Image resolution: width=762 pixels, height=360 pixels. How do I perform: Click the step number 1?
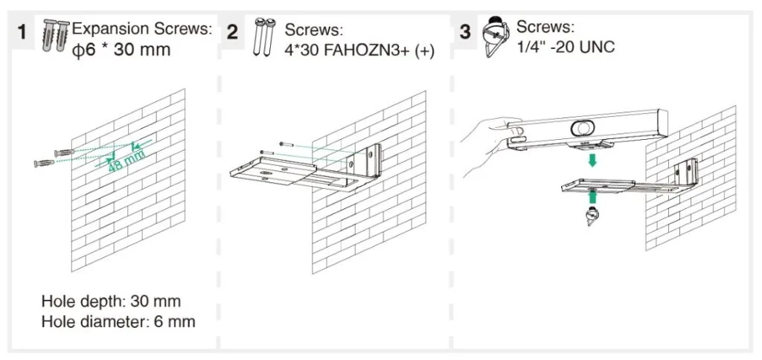pos(22,32)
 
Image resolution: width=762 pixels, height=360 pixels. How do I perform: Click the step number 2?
pos(233,32)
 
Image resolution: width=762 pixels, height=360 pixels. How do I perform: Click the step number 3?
pos(465,32)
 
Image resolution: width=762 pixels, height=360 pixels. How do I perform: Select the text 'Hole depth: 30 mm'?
pos(112,301)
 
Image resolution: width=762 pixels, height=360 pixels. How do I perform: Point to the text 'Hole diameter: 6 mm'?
pos(118,321)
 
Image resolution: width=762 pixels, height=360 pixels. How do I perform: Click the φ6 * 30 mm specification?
pos(121,49)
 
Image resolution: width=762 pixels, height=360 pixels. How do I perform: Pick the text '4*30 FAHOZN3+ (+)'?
pos(359,50)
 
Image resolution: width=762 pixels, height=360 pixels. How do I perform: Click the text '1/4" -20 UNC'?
pos(566,47)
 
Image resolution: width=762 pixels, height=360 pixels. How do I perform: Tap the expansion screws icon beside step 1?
pos(56,36)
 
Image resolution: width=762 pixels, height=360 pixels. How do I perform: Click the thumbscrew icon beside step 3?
pos(495,36)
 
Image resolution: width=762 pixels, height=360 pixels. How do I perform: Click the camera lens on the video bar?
pos(580,128)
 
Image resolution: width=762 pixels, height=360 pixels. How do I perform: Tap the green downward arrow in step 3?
pos(592,159)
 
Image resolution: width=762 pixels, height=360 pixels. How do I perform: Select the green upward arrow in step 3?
pos(592,197)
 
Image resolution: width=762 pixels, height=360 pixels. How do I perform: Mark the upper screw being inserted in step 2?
pos(286,144)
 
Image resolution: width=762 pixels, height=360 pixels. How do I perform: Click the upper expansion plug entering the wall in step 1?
pos(64,153)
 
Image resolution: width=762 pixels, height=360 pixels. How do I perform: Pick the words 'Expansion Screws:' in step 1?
pos(142,29)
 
